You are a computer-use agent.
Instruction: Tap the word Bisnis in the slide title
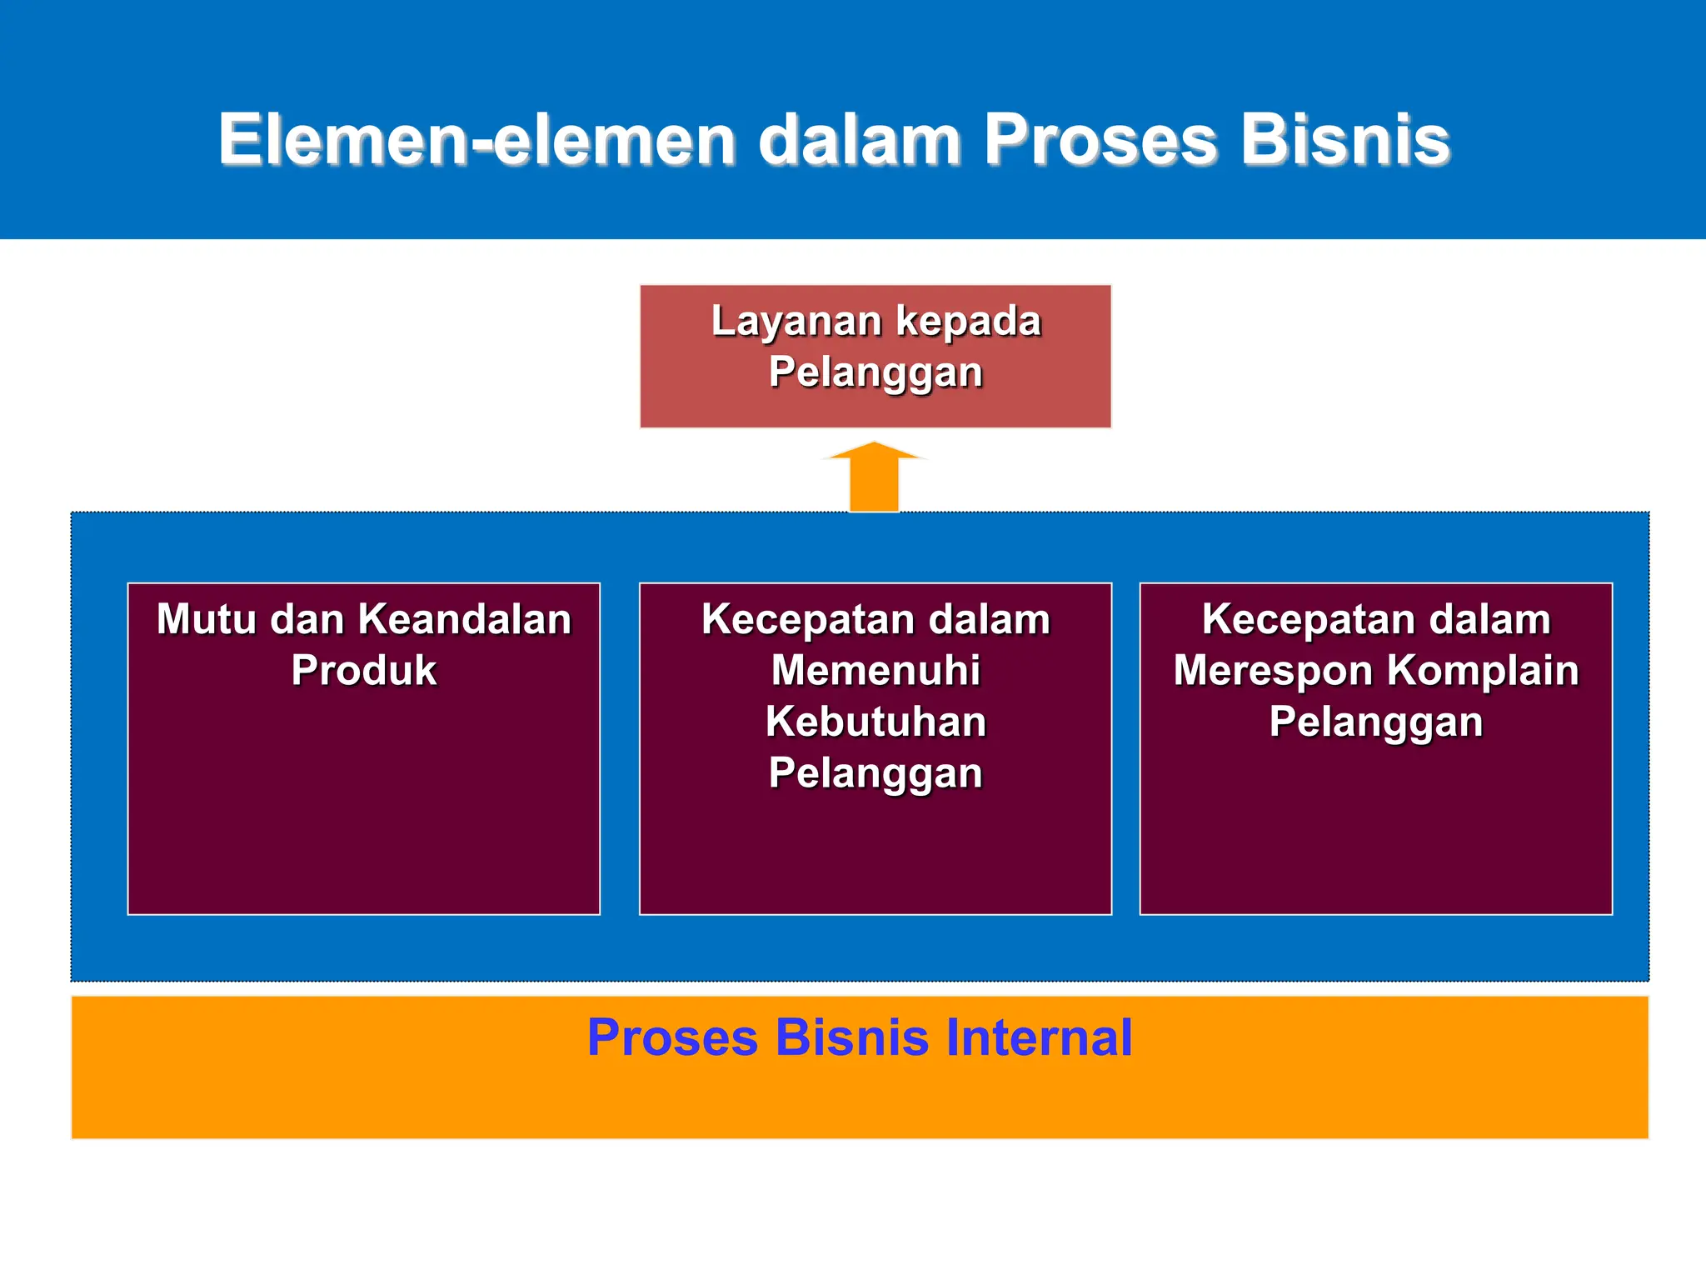click(x=1344, y=139)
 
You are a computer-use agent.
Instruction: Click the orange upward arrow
click(x=874, y=478)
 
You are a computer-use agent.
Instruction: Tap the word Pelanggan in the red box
click(x=875, y=372)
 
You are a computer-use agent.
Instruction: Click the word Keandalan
click(x=465, y=619)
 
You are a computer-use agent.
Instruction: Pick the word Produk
click(x=364, y=670)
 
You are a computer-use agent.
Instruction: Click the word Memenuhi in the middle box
click(x=875, y=670)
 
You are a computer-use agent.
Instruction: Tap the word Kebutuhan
click(x=875, y=722)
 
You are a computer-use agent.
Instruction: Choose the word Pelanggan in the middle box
click(x=875, y=773)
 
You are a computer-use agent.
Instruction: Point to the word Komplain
click(x=1484, y=670)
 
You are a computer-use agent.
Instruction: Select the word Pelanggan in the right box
click(x=1376, y=722)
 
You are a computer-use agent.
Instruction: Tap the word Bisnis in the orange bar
click(x=851, y=1037)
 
